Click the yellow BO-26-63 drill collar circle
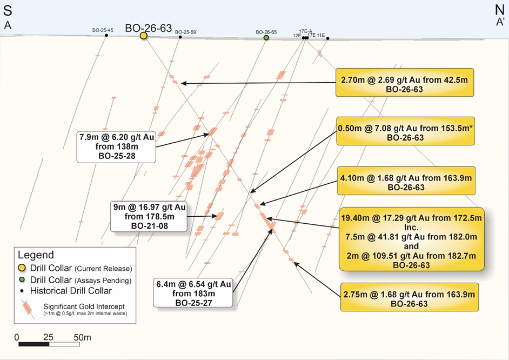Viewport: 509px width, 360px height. click(143, 36)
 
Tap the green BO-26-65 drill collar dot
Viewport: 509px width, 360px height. click(266, 37)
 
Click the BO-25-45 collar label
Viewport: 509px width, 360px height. click(103, 30)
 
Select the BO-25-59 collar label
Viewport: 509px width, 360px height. click(185, 32)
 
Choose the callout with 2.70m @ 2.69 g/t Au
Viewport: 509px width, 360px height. click(404, 83)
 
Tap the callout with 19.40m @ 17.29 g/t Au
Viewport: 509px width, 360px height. click(411, 238)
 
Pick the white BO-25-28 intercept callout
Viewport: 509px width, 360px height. click(116, 146)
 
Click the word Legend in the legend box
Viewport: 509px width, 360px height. click(36, 255)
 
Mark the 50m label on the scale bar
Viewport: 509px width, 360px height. click(83, 337)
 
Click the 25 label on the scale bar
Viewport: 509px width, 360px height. click(48, 337)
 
